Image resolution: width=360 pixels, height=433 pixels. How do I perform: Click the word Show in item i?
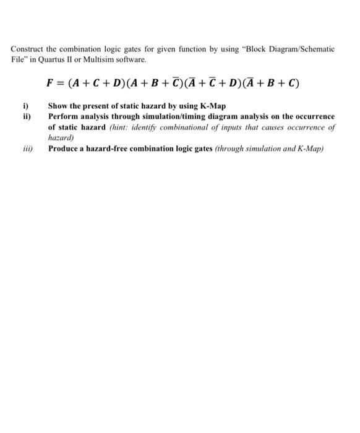[58, 106]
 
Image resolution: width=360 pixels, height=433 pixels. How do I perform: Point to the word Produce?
[65, 148]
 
